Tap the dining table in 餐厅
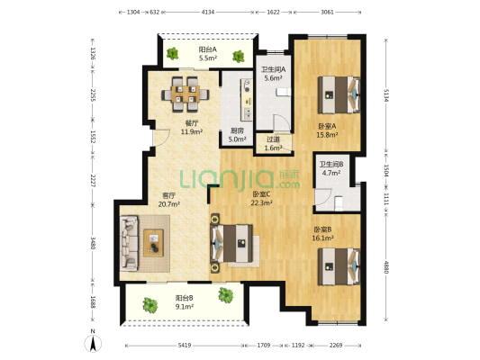click(x=186, y=94)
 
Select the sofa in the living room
click(x=129, y=243)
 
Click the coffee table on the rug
click(x=153, y=243)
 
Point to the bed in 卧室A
click(x=339, y=94)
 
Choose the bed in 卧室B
click(x=339, y=266)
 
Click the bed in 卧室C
click(x=231, y=243)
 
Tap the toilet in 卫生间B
click(x=339, y=203)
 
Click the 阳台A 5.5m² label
click(x=208, y=53)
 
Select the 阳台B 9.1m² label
click(x=185, y=302)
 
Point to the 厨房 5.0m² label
click(x=237, y=135)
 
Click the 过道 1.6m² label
click(x=273, y=144)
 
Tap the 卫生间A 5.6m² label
click(x=274, y=74)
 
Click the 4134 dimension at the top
click(x=208, y=13)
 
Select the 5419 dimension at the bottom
click(x=185, y=346)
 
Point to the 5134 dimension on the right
click(x=386, y=95)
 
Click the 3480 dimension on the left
click(x=94, y=243)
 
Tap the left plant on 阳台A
click(x=172, y=53)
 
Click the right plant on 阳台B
click(x=226, y=295)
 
